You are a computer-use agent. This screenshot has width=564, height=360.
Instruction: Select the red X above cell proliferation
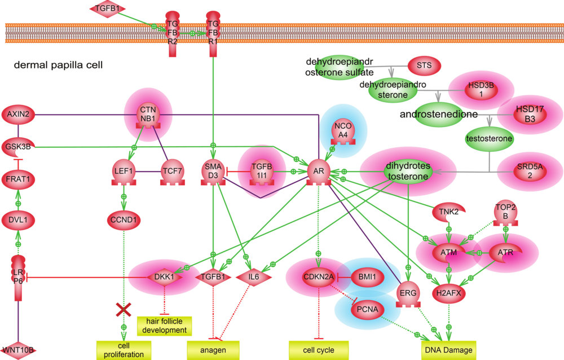pos(124,310)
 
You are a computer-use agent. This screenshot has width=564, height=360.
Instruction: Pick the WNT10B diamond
pos(19,350)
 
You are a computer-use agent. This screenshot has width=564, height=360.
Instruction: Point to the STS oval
pos(424,65)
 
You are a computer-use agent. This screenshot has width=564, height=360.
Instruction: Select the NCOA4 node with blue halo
pos(343,129)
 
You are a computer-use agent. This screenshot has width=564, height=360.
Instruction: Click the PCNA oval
pos(367,309)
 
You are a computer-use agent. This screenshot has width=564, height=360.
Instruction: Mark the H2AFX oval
pos(448,293)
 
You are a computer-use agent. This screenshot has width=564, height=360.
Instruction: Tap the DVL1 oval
pos(19,219)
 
